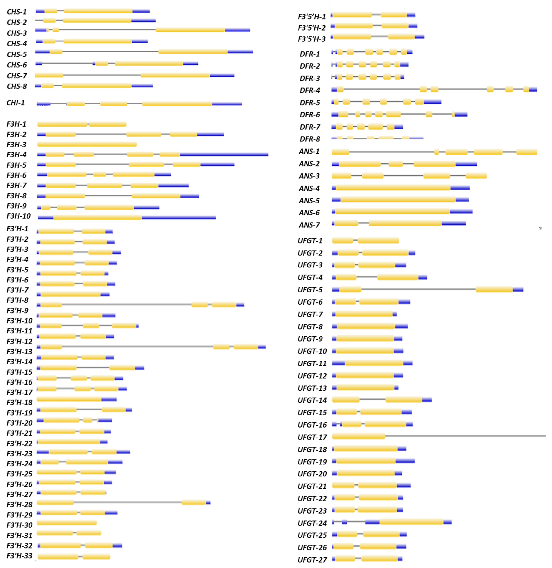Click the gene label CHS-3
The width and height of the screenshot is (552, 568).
17,33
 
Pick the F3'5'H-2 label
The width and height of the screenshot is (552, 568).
312,28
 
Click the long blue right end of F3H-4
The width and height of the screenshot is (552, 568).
224,155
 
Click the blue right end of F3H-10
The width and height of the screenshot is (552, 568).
179,217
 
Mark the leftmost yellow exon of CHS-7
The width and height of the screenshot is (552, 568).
49,75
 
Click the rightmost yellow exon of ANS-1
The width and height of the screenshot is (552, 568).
527,152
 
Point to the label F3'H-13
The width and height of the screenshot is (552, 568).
19,351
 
